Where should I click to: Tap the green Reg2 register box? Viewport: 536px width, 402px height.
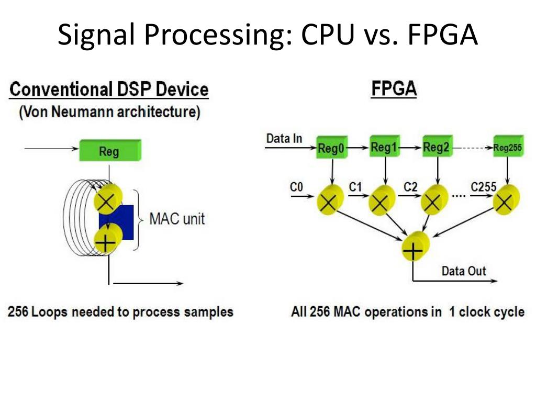[437, 147]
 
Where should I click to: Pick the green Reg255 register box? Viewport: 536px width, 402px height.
[508, 147]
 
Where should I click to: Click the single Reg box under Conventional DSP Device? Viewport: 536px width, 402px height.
[110, 150]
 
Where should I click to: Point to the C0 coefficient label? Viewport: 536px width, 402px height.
[296, 187]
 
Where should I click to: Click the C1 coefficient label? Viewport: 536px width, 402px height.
[355, 187]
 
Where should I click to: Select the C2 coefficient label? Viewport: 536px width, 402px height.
[410, 187]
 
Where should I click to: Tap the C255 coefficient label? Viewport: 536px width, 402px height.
[483, 187]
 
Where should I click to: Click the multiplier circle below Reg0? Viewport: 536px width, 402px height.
[330, 200]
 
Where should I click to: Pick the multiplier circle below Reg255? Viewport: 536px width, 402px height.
[506, 199]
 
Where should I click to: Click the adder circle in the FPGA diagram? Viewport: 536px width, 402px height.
[415, 246]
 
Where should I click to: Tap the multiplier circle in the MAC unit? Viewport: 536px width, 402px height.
[108, 199]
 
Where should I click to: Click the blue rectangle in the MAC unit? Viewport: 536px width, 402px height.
[116, 222]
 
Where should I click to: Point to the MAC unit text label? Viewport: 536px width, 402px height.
[177, 219]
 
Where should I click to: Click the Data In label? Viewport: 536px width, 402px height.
[284, 138]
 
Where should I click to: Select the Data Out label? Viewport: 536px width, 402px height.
[464, 271]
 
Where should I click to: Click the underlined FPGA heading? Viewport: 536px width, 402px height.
[394, 89]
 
